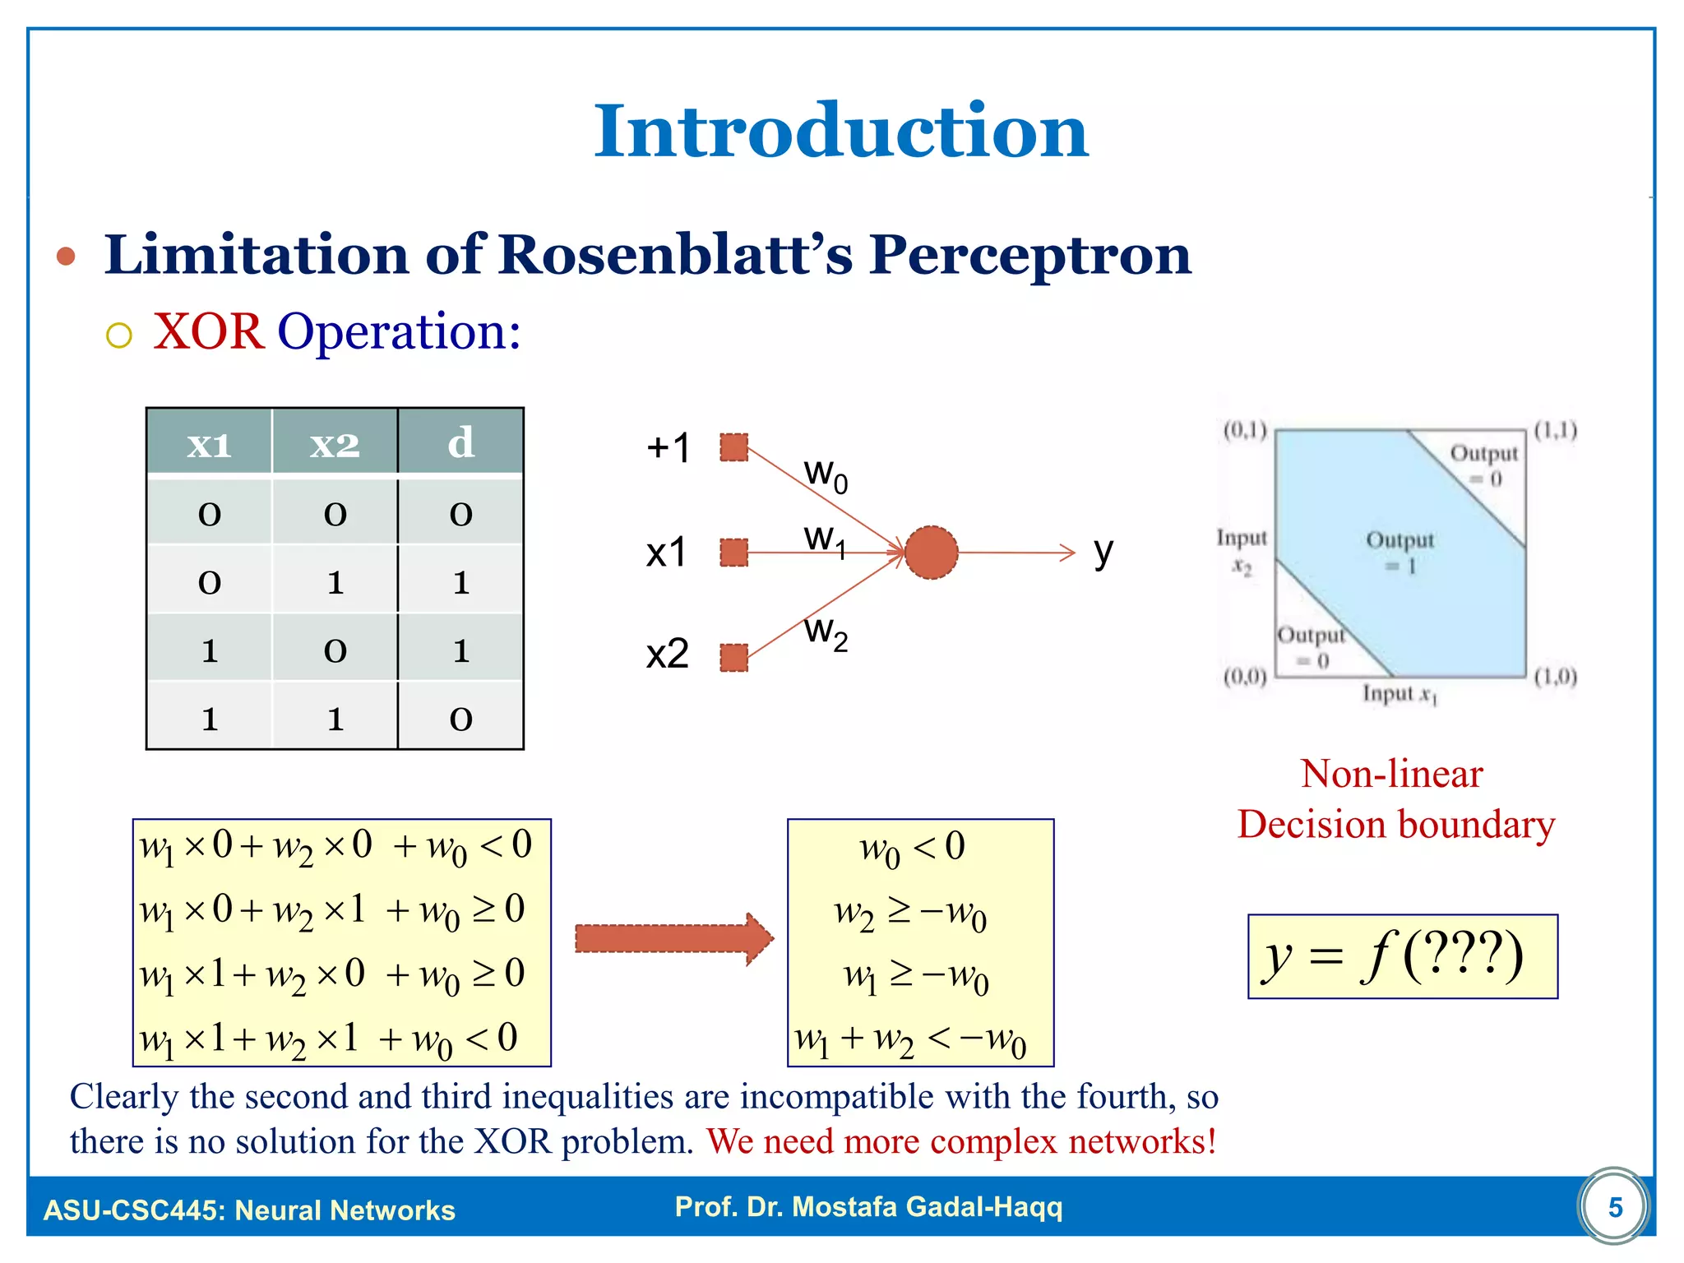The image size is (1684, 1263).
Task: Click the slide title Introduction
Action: point(840,132)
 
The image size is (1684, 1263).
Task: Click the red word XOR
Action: point(209,332)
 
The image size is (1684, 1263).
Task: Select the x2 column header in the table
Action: point(335,444)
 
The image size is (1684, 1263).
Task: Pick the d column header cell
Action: point(460,443)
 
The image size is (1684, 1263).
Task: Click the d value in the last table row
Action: point(460,719)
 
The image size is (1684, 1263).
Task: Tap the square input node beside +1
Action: point(733,448)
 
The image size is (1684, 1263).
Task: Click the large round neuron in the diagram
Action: point(931,553)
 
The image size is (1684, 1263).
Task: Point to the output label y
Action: point(1103,553)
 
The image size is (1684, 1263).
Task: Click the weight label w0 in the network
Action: point(826,475)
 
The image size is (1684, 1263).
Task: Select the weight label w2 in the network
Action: point(826,632)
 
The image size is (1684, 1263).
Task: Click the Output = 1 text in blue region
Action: point(1399,553)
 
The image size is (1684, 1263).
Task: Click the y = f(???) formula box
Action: point(1402,956)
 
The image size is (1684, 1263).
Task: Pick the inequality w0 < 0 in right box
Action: point(911,848)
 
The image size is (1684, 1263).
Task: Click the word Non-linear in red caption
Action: point(1391,774)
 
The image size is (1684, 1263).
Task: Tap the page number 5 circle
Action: point(1614,1207)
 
